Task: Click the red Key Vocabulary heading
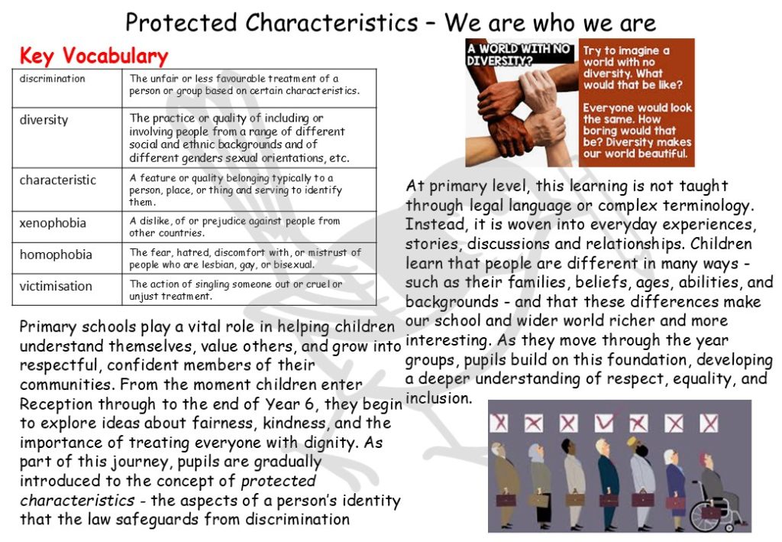94,56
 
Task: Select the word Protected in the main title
182,23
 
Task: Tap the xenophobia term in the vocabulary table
53,222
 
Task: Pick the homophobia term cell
56,255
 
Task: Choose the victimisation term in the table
56,286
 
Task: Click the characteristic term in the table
58,180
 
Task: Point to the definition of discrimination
244,84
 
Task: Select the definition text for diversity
239,138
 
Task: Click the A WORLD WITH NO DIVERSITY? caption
519,54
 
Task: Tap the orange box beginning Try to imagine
637,102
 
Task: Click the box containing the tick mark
604,424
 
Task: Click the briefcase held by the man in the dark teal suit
609,500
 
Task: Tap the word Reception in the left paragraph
56,404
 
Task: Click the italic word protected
278,481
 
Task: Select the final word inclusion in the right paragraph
438,398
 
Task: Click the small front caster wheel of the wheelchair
729,527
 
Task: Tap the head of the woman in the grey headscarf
535,453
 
